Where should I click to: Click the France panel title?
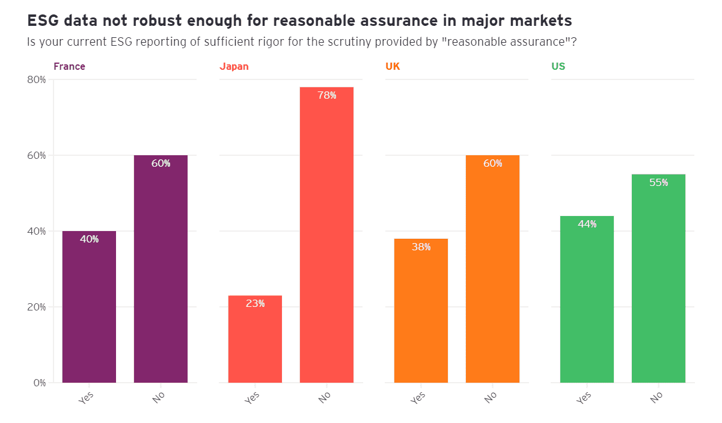(69, 66)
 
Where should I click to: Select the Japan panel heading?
(234, 66)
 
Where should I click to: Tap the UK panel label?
(393, 66)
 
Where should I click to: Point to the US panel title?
(558, 66)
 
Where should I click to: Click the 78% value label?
(327, 95)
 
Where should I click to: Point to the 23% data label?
(255, 303)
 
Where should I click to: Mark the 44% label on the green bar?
(587, 224)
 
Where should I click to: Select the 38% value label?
(421, 247)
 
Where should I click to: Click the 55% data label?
(659, 182)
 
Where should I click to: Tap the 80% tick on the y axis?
(36, 79)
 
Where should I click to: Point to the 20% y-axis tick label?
(36, 307)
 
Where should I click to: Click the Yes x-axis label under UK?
(418, 397)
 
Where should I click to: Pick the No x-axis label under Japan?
(325, 397)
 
